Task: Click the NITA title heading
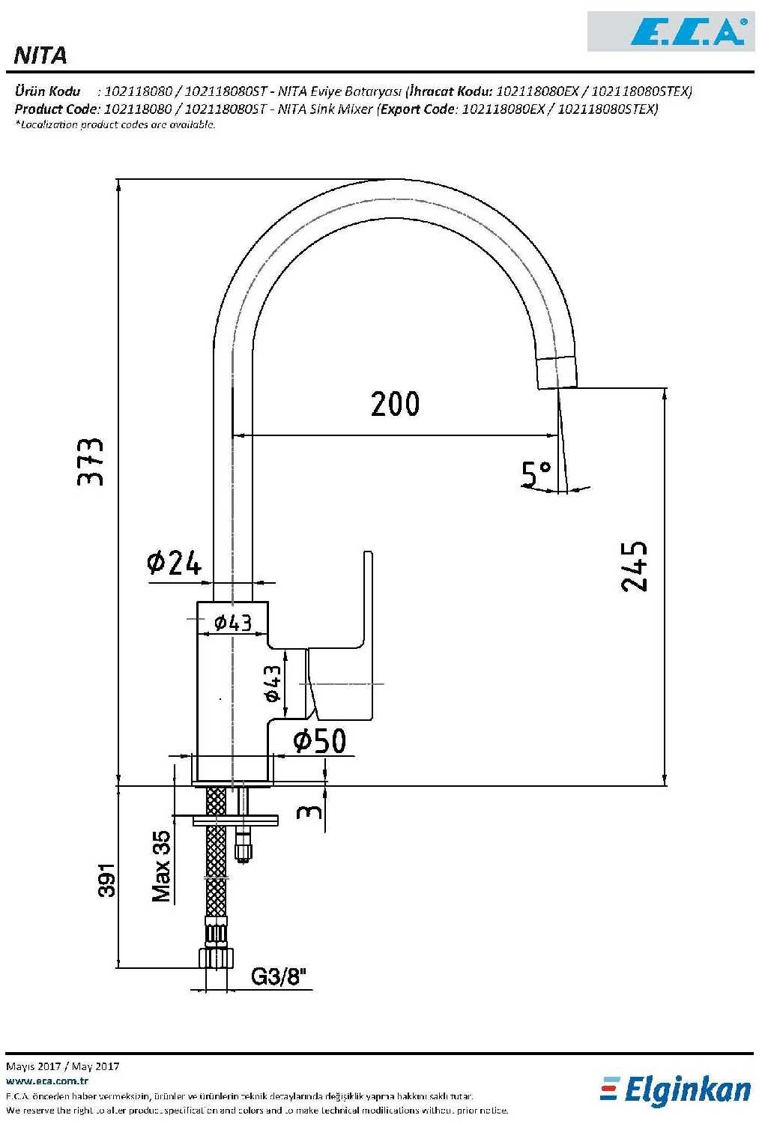40,55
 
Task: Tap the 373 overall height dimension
91,462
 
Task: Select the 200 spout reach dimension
395,405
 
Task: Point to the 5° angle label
536,474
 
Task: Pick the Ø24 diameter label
175,562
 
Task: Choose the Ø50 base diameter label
320,741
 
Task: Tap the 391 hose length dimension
108,880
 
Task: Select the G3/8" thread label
279,976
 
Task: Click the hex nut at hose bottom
216,958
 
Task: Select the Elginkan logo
676,1090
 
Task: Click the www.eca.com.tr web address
47,1081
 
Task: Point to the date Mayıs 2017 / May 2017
62,1066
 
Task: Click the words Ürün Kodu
47,91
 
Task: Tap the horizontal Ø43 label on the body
233,622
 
